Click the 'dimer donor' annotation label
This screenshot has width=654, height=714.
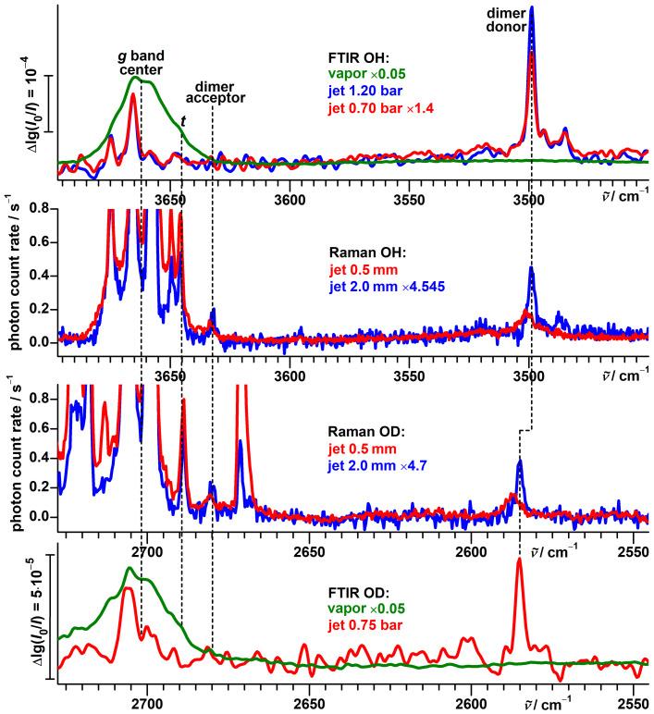pos(531,21)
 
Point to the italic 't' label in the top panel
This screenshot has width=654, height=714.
pos(183,120)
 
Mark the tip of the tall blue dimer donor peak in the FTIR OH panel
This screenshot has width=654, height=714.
pos(531,7)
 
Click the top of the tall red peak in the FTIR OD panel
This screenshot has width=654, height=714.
pos(519,560)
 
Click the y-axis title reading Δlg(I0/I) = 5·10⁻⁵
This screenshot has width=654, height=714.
pos(20,616)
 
